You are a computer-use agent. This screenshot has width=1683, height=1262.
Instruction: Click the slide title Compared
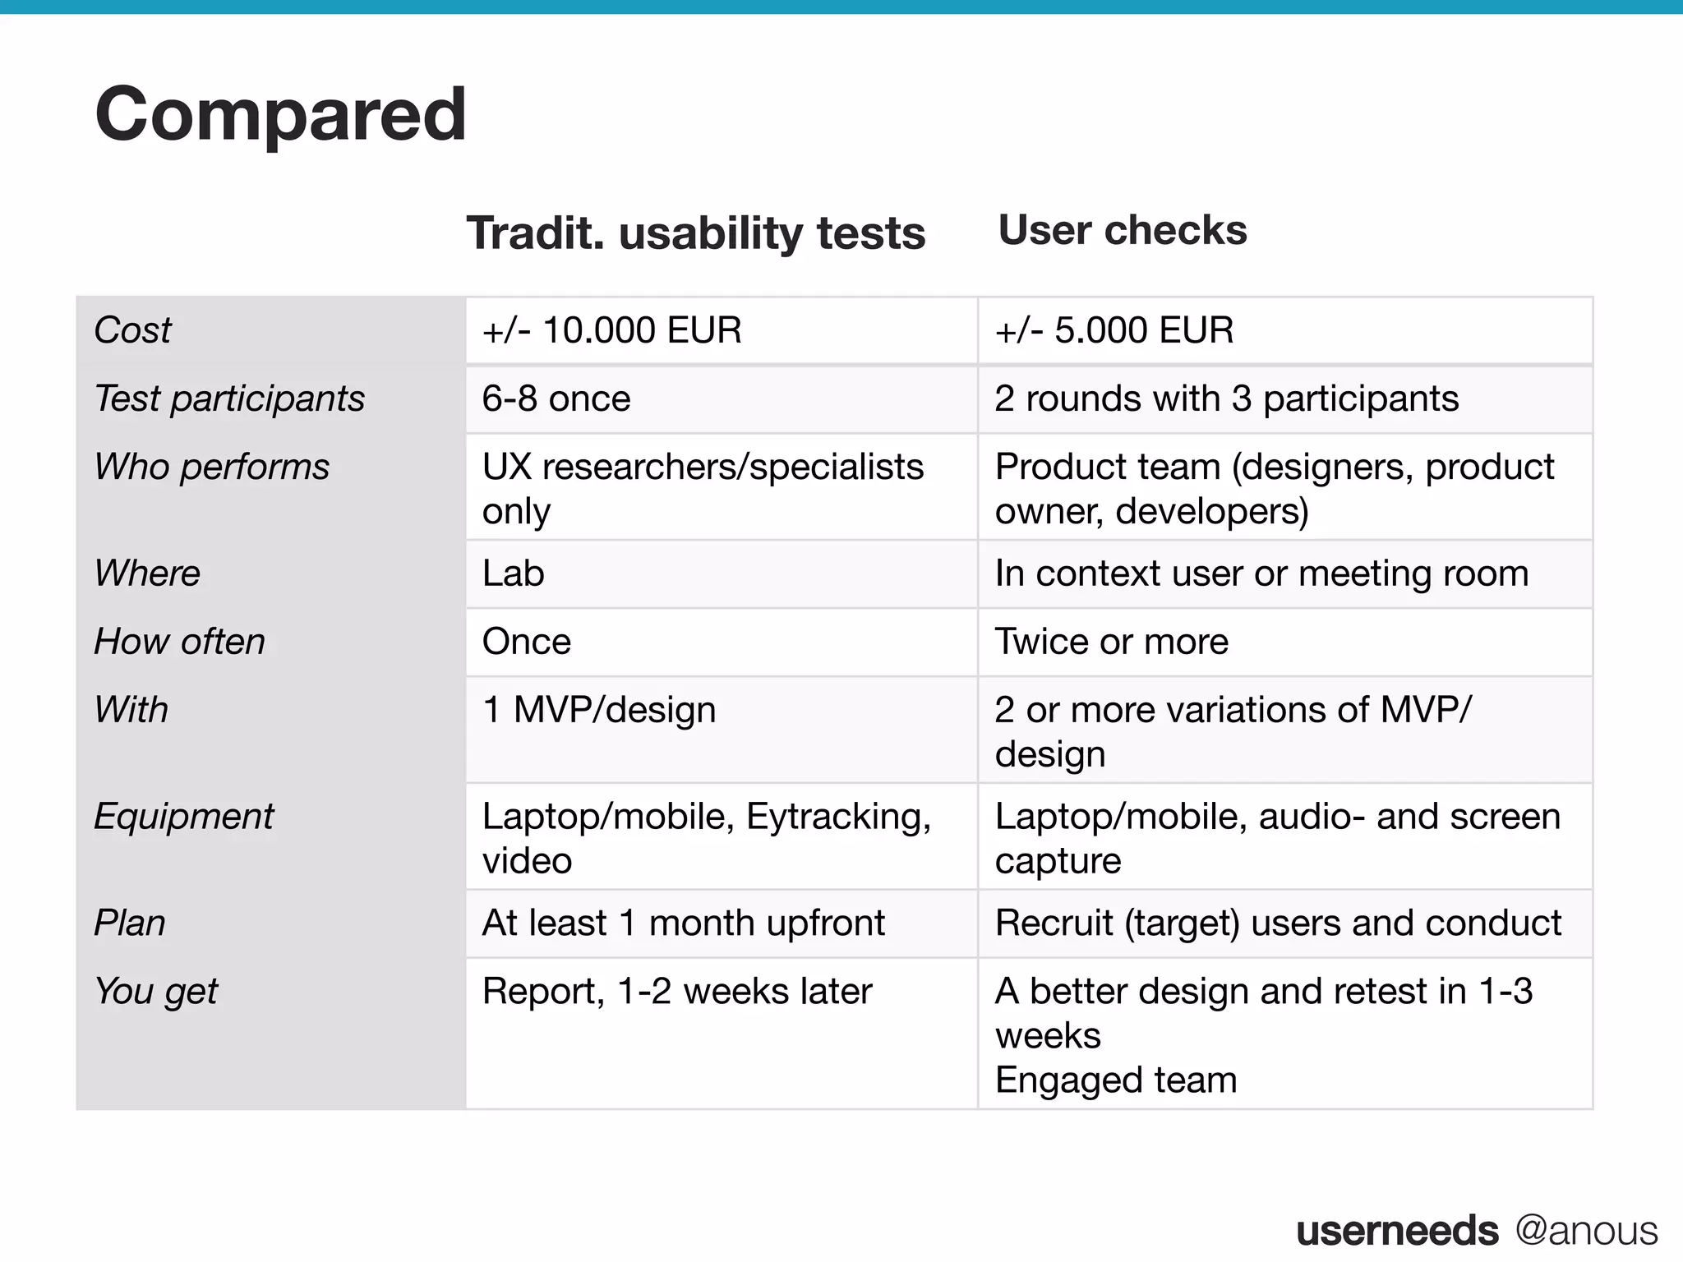pyautogui.click(x=280, y=114)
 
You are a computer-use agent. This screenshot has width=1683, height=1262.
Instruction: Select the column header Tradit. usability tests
pyautogui.click(x=695, y=233)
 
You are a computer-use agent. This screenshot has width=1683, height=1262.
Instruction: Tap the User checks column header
pyautogui.click(x=1122, y=230)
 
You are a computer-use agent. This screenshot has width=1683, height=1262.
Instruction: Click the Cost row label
pyautogui.click(x=133, y=330)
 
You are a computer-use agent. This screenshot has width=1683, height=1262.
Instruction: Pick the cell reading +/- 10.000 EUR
pyautogui.click(x=611, y=330)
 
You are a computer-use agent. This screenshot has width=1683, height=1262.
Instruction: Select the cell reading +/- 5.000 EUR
pyautogui.click(x=1114, y=330)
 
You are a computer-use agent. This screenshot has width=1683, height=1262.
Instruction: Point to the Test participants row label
pyautogui.click(x=229, y=398)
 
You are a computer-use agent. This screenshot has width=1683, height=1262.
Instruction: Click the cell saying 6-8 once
pyautogui.click(x=556, y=398)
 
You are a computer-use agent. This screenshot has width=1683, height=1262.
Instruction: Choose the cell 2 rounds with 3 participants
pyautogui.click(x=1226, y=398)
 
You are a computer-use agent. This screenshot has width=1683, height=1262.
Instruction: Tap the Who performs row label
pyautogui.click(x=212, y=467)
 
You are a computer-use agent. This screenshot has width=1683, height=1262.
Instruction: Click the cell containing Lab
pyautogui.click(x=513, y=573)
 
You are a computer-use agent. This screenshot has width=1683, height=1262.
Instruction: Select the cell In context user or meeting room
pyautogui.click(x=1261, y=573)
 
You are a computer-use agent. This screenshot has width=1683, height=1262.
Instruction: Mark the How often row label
pyautogui.click(x=180, y=642)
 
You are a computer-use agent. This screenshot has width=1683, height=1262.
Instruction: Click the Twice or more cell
pyautogui.click(x=1111, y=642)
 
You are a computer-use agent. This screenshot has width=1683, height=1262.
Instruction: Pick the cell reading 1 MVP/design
pyautogui.click(x=598, y=710)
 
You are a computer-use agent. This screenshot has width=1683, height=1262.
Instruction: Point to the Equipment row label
pyautogui.click(x=184, y=817)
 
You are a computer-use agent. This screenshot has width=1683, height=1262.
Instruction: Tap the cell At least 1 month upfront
pyautogui.click(x=683, y=923)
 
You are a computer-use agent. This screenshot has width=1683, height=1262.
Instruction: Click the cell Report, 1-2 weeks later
pyautogui.click(x=676, y=992)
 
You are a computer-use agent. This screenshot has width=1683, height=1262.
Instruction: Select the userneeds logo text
pyautogui.click(x=1397, y=1231)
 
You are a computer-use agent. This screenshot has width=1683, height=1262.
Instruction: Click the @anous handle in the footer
pyautogui.click(x=1586, y=1231)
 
